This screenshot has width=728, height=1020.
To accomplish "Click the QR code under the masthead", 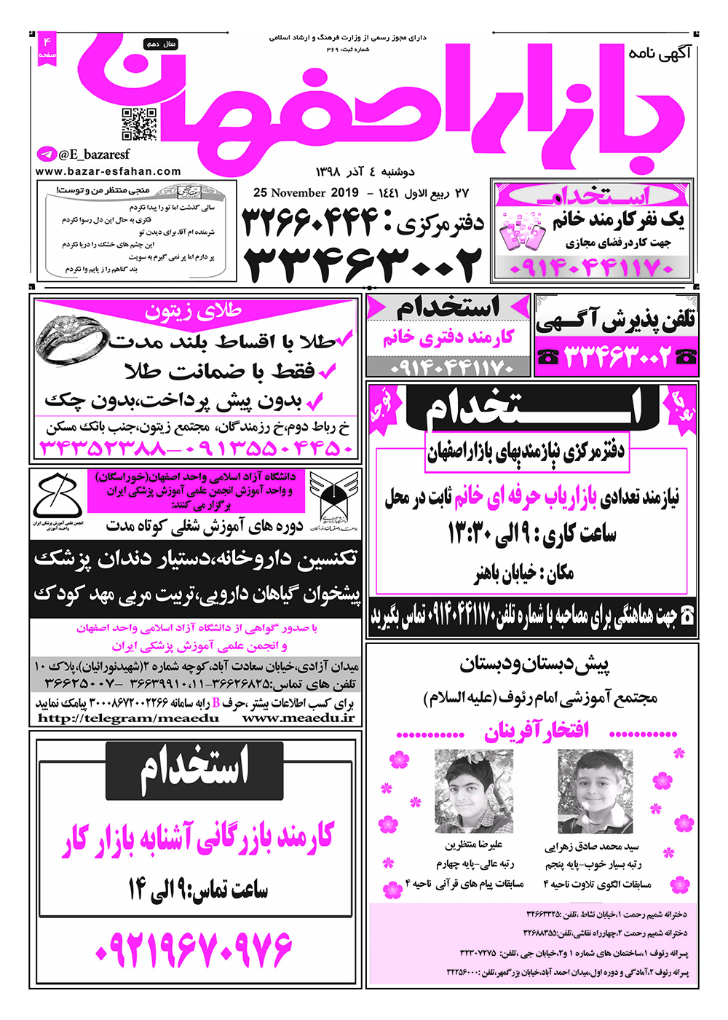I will coord(139,124).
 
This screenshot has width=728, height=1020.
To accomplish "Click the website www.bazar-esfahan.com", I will coord(108,172).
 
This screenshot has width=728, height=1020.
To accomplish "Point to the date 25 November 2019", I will coord(306,193).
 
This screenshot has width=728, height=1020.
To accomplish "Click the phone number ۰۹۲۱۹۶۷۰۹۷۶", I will coord(194,948).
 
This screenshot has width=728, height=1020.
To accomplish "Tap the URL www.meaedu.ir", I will coord(299,718).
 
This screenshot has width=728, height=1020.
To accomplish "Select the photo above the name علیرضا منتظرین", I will coord(474,791).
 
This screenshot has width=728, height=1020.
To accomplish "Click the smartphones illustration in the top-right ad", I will coord(523,232).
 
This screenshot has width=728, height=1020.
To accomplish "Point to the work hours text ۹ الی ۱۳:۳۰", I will coord(531,535).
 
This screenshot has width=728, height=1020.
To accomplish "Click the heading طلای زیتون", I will coord(194,311).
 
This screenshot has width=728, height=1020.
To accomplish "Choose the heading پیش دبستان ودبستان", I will coord(534,664).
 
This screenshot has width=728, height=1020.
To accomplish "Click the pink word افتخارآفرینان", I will coord(537,731).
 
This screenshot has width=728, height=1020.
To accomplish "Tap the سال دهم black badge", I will coord(162,44).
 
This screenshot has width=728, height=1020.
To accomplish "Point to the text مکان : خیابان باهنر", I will coord(524,574).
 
